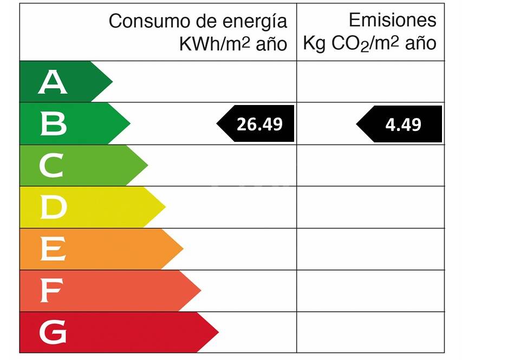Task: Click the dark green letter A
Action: click(53, 82)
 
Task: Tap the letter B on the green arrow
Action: click(53, 124)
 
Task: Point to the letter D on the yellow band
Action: click(53, 207)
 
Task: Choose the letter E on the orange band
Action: click(53, 249)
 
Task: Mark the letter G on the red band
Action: click(53, 332)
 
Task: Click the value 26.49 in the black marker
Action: click(259, 124)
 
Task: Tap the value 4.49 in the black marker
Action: click(403, 125)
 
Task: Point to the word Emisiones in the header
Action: click(392, 20)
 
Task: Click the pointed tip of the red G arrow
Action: click(218, 332)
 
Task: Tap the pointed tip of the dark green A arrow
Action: click(112, 82)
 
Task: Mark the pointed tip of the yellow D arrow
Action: click(165, 207)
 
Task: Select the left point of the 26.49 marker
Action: click(218, 124)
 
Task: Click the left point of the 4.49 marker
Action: click(357, 124)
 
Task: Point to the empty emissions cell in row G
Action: click(370, 332)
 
